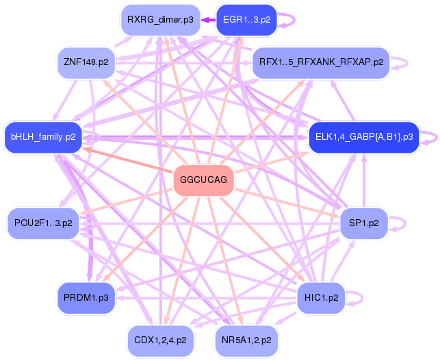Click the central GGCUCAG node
click(203, 180)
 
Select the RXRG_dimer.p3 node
click(160, 19)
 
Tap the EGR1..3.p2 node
click(246, 19)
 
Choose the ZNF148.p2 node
click(86, 62)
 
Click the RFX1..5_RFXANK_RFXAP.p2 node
click(320, 62)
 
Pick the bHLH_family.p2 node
click(43, 137)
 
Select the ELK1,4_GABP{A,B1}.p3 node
click(363, 137)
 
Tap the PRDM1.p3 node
click(83, 298)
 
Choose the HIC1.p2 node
click(321, 298)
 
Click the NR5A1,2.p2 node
click(246, 339)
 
